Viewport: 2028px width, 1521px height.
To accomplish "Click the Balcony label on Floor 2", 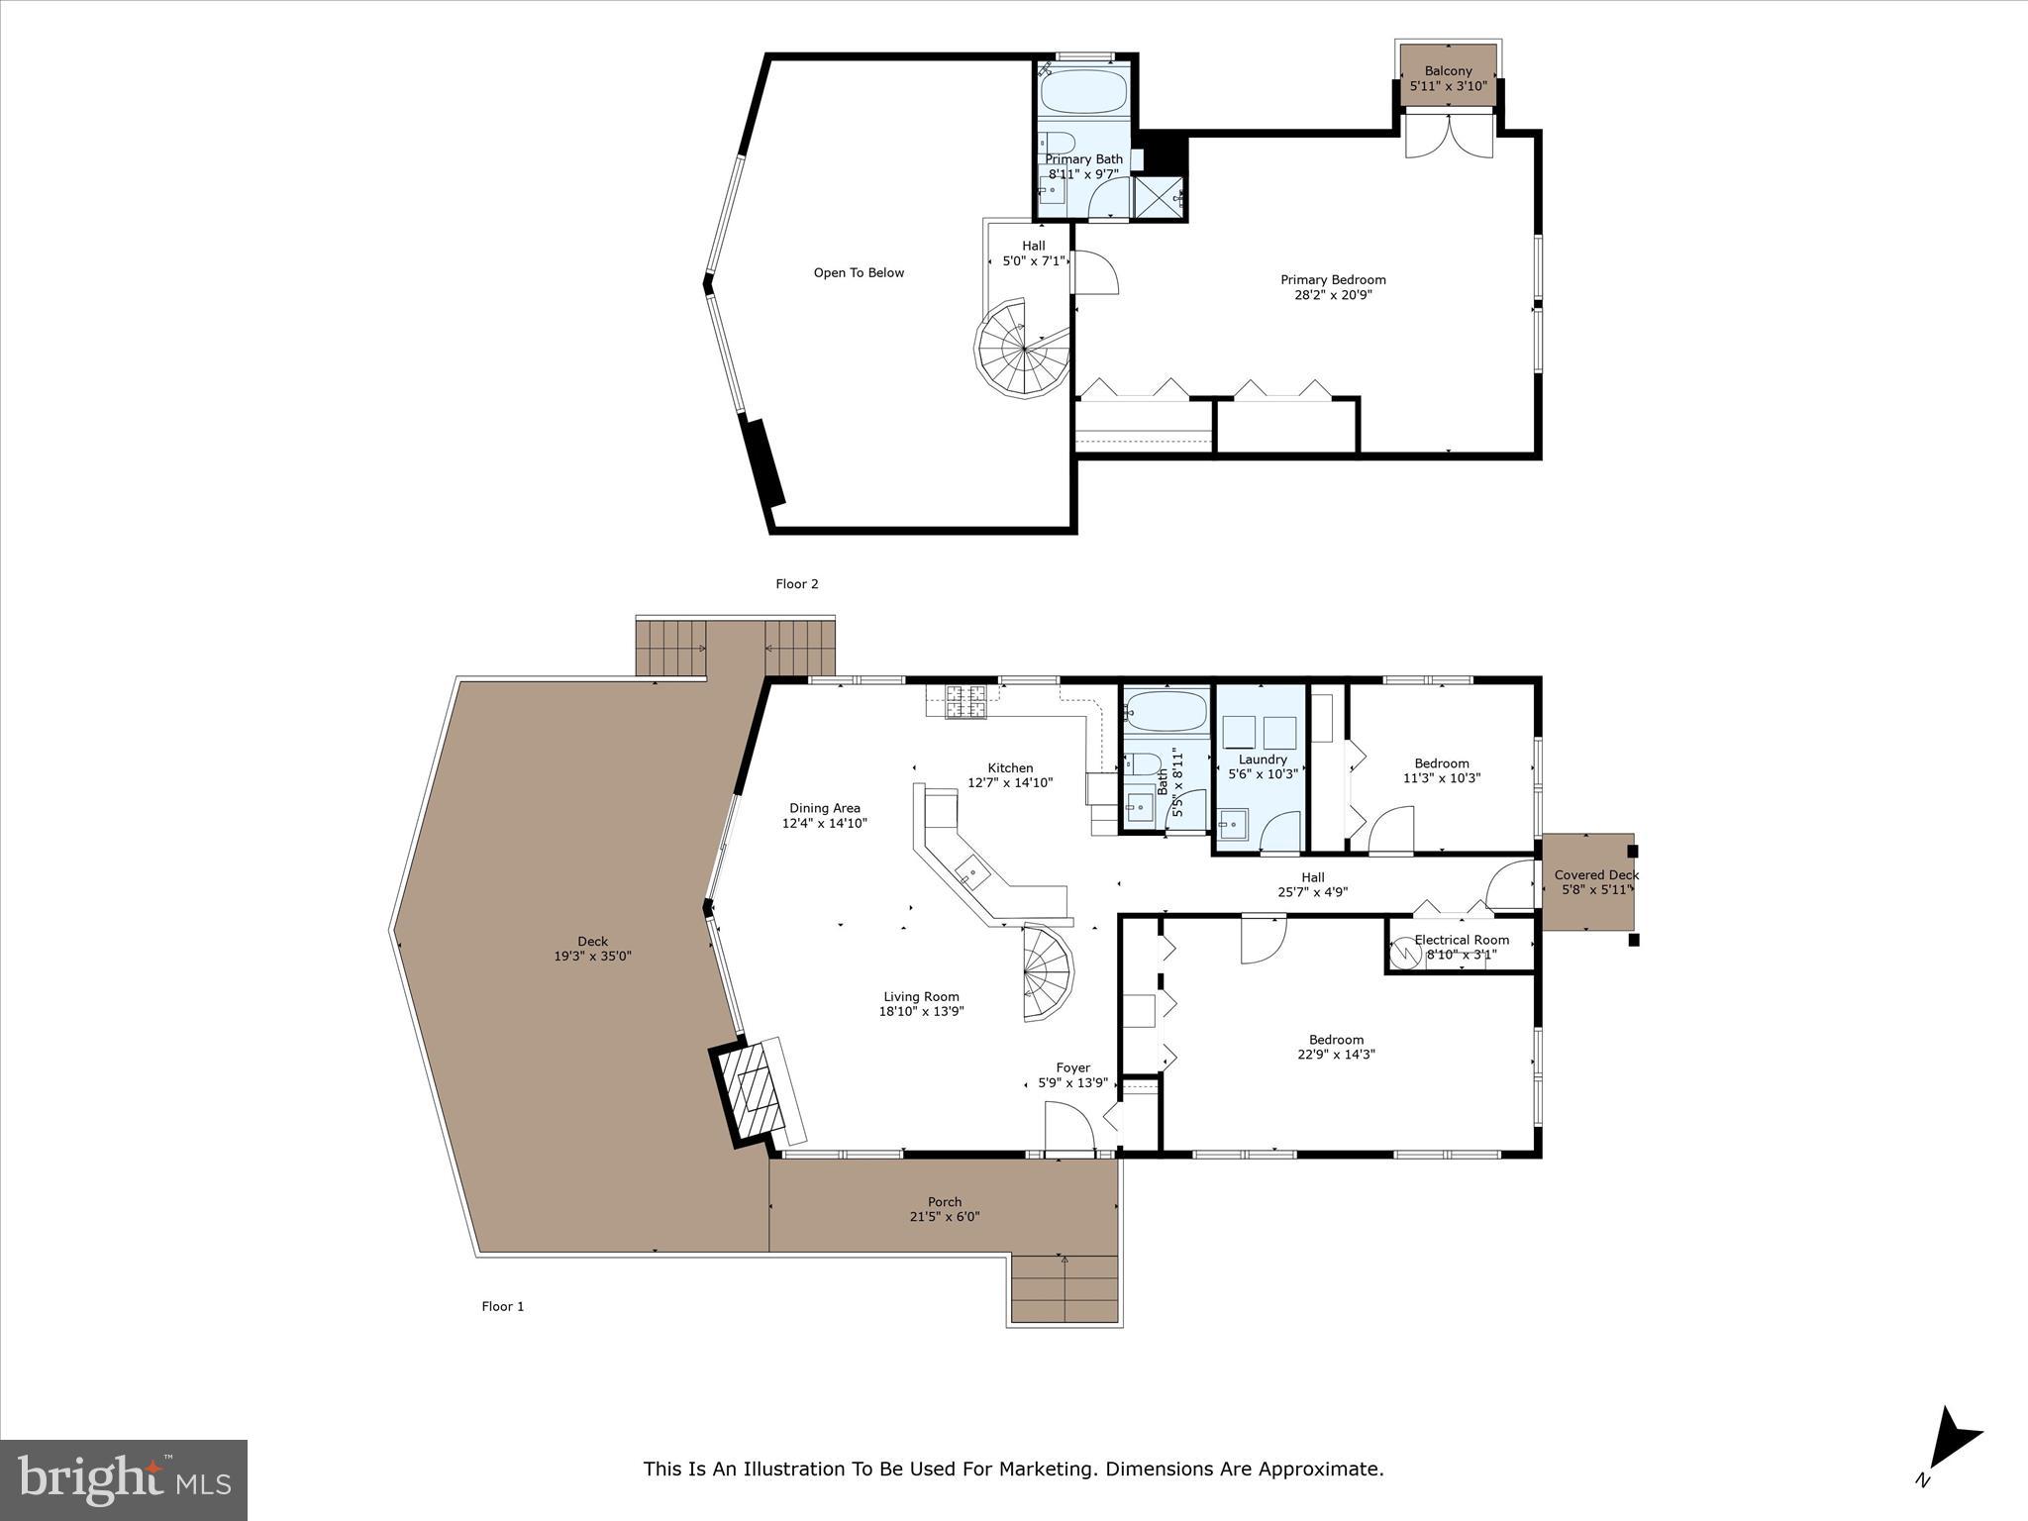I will (1448, 71).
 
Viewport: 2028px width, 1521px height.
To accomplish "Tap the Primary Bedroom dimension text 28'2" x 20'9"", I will (1333, 295).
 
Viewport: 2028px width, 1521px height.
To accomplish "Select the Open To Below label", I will (859, 273).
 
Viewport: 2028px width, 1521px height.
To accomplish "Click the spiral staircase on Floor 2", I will (1023, 350).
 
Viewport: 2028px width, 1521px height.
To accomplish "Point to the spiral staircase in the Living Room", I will (1047, 971).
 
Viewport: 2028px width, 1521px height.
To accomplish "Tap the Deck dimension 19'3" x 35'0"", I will (592, 957).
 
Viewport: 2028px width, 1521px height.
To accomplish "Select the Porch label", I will (945, 1202).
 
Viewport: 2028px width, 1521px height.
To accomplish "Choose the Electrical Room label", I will (1462, 940).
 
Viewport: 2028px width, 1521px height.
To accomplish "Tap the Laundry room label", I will (1263, 760).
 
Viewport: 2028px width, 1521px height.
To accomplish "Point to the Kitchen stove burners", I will (966, 702).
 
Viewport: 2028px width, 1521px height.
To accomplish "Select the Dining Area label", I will (824, 808).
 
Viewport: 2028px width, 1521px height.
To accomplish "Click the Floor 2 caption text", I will (796, 584).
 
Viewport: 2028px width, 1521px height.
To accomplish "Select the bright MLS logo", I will (124, 1479).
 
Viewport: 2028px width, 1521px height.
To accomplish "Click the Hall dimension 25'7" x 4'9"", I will (1312, 892).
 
